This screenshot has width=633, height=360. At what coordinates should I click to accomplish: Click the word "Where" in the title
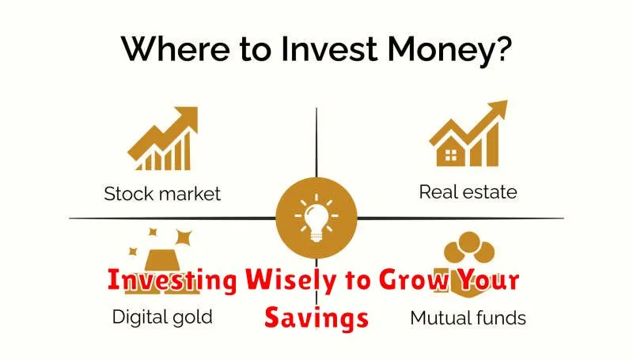coord(175,49)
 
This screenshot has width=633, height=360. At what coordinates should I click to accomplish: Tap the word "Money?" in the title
coord(449,49)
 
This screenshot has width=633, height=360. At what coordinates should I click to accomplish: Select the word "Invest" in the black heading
coord(329,49)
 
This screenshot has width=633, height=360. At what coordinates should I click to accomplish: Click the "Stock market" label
coord(162,194)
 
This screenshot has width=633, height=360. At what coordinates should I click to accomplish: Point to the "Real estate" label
coord(468,191)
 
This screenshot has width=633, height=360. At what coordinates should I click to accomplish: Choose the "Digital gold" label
coord(162,317)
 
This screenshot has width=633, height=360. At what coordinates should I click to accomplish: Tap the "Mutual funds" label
coord(468,317)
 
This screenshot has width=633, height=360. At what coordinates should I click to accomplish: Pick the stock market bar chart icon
coord(163,138)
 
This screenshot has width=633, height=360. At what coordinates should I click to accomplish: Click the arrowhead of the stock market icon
coord(187,117)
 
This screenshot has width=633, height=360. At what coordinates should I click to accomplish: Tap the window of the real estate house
coord(450,155)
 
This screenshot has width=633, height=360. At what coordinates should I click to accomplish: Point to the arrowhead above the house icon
coord(497,109)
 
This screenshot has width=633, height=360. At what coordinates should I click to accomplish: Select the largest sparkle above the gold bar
coord(184,237)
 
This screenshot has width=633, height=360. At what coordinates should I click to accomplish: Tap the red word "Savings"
coord(316,318)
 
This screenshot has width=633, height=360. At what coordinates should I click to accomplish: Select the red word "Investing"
coord(172,280)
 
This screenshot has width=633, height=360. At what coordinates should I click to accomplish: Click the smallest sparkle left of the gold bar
coord(133,252)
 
